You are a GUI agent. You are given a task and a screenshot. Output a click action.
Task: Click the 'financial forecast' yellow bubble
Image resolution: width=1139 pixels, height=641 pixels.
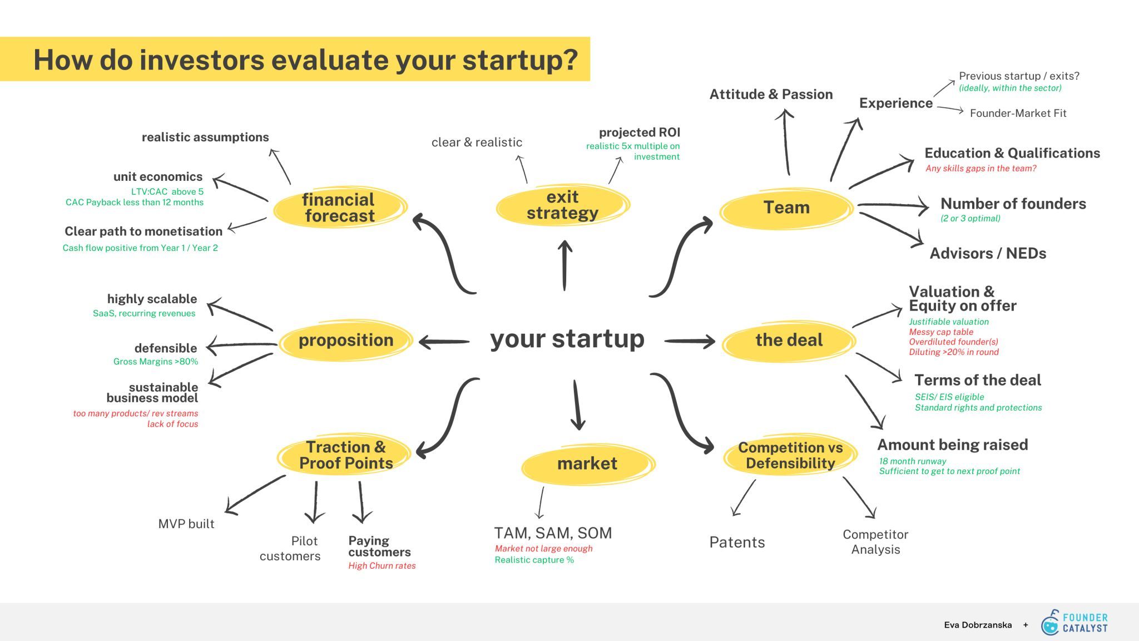click(x=340, y=208)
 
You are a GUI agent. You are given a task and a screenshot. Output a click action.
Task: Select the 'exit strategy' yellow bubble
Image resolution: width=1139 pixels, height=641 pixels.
click(x=563, y=205)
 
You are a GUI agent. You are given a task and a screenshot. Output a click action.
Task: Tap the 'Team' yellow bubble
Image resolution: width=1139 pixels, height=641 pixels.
click(x=786, y=208)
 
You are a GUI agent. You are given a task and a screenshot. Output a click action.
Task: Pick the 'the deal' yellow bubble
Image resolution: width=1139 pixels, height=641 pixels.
click(x=789, y=340)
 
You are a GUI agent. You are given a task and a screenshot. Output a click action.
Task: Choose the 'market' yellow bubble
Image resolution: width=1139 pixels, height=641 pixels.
click(x=588, y=464)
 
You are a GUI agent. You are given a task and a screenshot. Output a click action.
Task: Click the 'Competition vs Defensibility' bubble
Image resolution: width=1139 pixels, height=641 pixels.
click(x=790, y=455)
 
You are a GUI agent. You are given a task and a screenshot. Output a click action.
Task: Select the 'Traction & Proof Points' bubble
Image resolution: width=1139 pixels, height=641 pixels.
click(x=345, y=455)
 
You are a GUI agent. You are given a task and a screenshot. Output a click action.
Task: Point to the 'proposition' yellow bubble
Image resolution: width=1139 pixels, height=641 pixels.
click(x=346, y=340)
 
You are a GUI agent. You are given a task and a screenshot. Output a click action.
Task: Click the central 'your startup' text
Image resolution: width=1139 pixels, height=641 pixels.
click(x=567, y=339)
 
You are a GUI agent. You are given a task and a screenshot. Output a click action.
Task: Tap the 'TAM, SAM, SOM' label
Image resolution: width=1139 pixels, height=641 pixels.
click(x=553, y=533)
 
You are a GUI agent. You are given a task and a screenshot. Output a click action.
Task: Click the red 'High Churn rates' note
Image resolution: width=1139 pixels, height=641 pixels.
click(x=382, y=566)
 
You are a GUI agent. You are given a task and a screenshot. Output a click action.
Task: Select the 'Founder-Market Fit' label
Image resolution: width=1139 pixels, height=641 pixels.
click(x=1018, y=113)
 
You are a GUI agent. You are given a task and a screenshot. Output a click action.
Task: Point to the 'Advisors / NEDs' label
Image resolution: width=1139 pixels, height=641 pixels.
click(x=988, y=254)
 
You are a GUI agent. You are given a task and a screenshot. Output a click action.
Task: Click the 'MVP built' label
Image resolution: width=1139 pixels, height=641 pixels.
click(x=186, y=524)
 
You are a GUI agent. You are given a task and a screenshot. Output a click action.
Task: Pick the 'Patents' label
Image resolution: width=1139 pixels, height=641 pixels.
click(x=737, y=543)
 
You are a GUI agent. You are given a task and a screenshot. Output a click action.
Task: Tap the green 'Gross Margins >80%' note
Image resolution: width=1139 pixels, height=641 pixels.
click(x=156, y=362)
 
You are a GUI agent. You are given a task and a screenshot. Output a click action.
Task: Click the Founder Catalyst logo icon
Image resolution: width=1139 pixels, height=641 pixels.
click(x=1050, y=623)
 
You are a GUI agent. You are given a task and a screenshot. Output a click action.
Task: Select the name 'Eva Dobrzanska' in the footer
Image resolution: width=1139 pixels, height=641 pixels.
click(x=978, y=625)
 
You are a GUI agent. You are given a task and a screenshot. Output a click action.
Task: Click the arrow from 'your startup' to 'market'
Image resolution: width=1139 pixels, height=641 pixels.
click(x=577, y=405)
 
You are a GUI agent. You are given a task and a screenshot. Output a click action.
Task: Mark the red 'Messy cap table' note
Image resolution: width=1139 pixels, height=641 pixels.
click(x=941, y=332)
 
